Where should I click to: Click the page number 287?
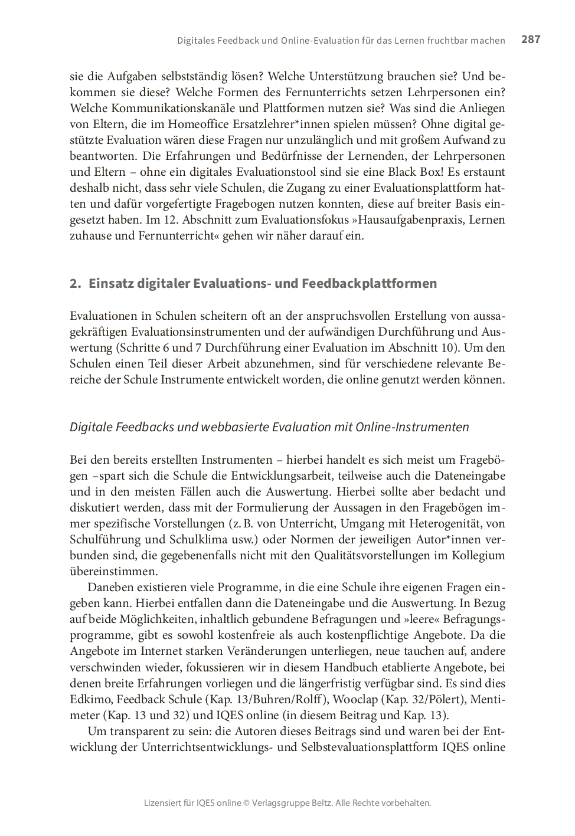[x=530, y=40]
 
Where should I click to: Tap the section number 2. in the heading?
[x=75, y=284]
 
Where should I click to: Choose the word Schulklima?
[x=207, y=540]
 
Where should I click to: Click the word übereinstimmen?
[x=113, y=572]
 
